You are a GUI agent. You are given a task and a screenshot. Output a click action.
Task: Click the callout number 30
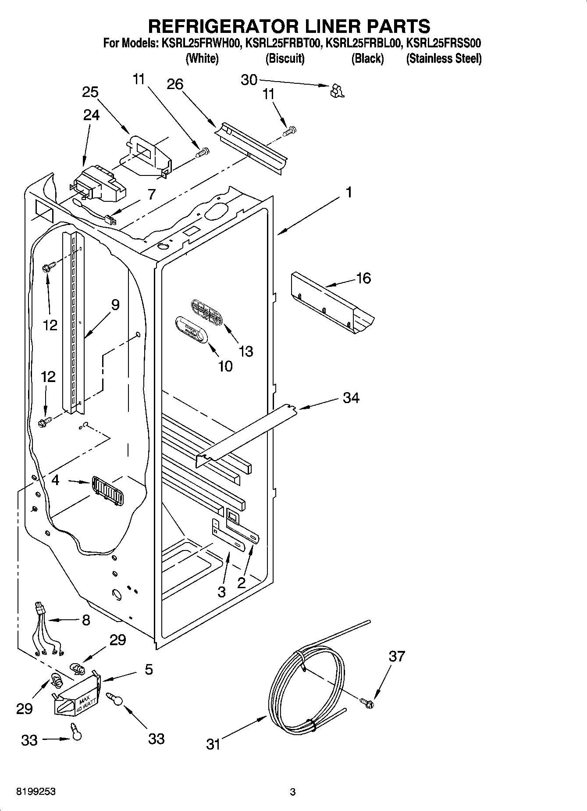(x=249, y=80)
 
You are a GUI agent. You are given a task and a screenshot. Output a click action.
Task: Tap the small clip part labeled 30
(x=337, y=91)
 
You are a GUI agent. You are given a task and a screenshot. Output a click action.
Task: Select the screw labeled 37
(x=367, y=703)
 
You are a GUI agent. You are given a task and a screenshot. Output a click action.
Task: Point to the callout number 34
(x=351, y=398)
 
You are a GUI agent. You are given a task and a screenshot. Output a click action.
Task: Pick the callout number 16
(x=364, y=278)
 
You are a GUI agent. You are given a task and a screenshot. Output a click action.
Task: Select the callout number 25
(x=90, y=92)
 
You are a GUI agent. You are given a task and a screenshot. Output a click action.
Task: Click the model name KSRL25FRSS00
(x=444, y=43)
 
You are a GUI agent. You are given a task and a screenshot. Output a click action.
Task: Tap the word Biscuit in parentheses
(x=285, y=58)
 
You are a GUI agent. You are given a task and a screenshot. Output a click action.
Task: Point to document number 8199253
(x=36, y=792)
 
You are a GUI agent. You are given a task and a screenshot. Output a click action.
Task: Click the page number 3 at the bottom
(x=293, y=792)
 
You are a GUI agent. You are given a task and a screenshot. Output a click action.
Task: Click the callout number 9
(x=115, y=304)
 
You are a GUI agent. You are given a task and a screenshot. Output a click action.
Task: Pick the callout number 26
(x=175, y=84)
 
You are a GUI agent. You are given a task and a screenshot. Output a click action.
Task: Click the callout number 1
(x=349, y=193)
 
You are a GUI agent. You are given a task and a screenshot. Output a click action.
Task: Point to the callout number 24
(x=91, y=115)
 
